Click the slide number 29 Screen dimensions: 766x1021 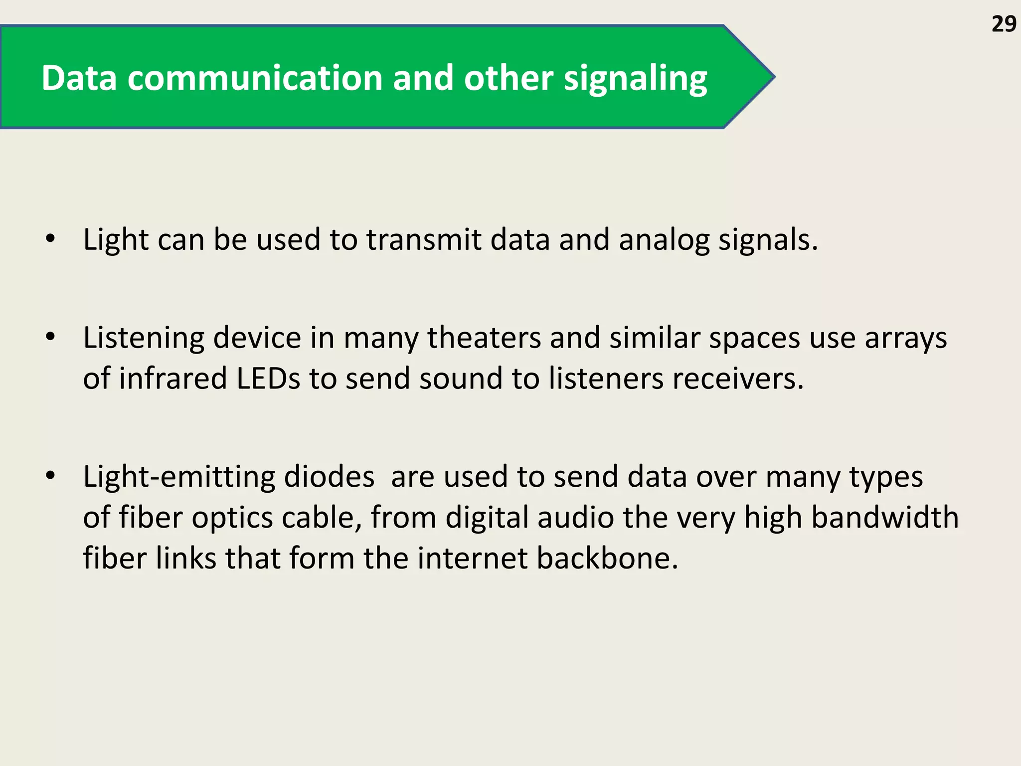click(x=1004, y=24)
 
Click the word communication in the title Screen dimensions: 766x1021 click(x=255, y=78)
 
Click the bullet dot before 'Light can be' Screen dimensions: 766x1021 click(x=50, y=239)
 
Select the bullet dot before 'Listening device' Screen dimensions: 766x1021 click(x=50, y=337)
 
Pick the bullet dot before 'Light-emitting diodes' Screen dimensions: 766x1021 click(x=50, y=476)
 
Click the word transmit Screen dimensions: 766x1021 click(x=424, y=239)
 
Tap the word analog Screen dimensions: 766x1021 click(x=664, y=240)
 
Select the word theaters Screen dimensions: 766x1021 click(x=484, y=338)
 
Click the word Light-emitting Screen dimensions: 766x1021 click(x=179, y=477)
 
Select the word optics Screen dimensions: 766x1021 click(x=232, y=518)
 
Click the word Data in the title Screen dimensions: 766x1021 click(x=79, y=78)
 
